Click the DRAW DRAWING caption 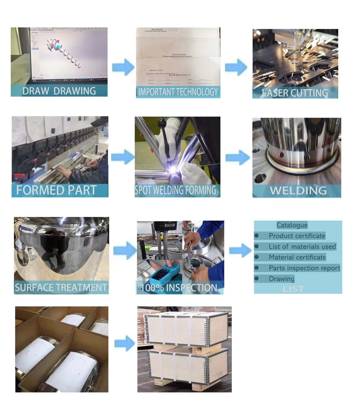59,91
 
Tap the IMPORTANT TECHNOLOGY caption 178,92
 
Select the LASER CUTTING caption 295,93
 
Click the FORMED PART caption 56,190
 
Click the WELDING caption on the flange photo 298,191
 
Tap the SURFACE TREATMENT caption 61,288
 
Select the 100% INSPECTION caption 179,288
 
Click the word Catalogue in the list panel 292,225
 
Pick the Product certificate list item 297,236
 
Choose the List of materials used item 302,247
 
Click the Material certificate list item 297,257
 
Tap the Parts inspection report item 304,268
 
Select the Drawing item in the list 281,279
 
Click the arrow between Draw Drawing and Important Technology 123,67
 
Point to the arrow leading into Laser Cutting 236,67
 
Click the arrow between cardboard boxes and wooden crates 125,344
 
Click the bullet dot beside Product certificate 257,236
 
